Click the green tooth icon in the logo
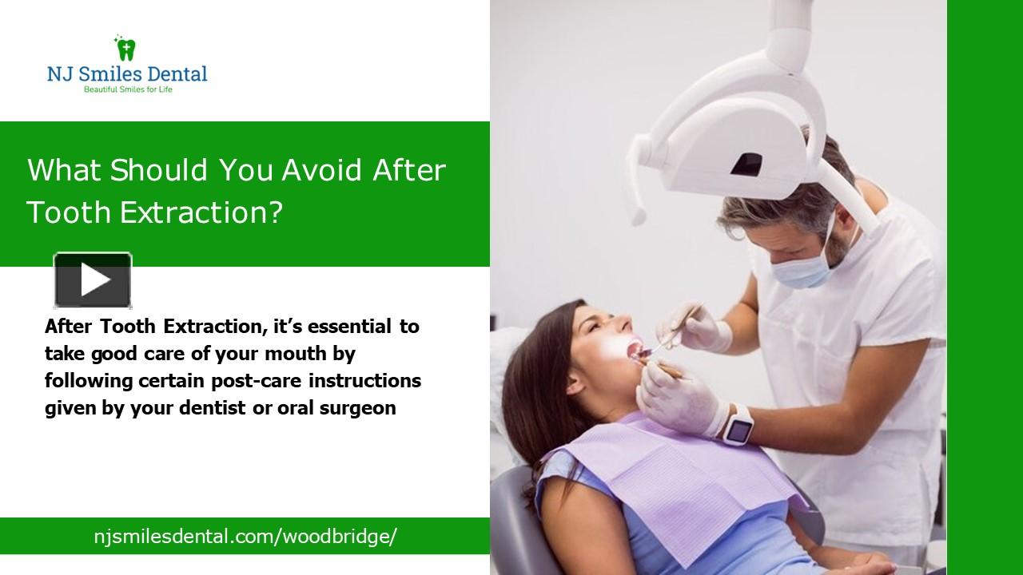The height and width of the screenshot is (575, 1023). point(125,49)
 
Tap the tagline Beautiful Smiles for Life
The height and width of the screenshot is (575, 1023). point(128,89)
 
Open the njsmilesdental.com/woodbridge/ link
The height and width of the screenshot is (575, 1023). point(245,536)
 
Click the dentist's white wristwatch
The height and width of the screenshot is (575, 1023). point(738,424)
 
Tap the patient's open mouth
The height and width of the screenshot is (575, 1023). point(633,349)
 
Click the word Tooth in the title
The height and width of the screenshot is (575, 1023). point(69,212)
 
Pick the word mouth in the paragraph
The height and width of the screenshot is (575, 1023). point(326,353)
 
